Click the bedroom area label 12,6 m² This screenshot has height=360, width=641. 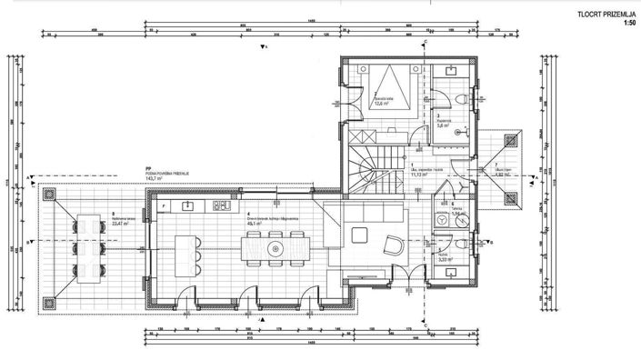click(x=380, y=103)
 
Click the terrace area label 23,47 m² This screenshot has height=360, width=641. click(x=119, y=225)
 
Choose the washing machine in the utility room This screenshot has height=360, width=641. click(x=443, y=219)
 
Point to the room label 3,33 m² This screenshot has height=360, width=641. click(x=445, y=260)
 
